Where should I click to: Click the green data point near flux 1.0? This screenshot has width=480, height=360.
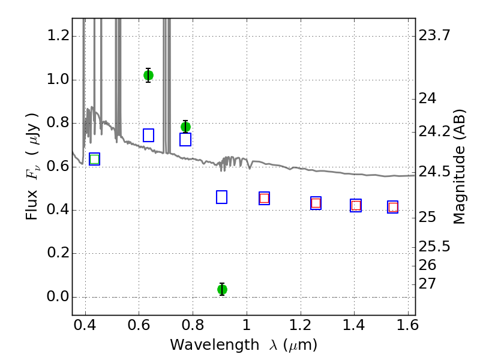pyautogui.click(x=148, y=76)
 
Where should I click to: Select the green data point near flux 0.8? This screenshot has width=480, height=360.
pyautogui.click(x=185, y=127)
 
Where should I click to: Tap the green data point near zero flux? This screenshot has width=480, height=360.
pyautogui.click(x=222, y=289)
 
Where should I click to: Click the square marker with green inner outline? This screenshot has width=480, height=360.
pyautogui.click(x=95, y=159)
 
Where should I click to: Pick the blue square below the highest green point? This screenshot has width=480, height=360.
pyautogui.click(x=148, y=136)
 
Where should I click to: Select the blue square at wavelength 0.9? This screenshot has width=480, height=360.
pyautogui.click(x=221, y=197)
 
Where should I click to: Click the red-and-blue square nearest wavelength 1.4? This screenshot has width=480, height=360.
pyautogui.click(x=356, y=205)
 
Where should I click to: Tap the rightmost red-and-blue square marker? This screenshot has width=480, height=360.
pyautogui.click(x=393, y=207)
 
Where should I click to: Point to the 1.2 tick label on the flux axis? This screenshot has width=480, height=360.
pyautogui.click(x=58, y=36)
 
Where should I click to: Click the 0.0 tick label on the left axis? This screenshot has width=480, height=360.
pyautogui.click(x=58, y=296)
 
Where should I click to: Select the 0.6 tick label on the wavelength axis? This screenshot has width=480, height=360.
pyautogui.click(x=139, y=325)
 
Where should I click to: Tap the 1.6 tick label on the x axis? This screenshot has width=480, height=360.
pyautogui.click(x=408, y=325)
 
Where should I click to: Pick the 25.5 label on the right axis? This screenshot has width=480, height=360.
pyautogui.click(x=434, y=247)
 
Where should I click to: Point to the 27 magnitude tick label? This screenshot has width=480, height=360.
pyautogui.click(x=427, y=284)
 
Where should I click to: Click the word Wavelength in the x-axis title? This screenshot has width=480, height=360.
pyautogui.click(x=215, y=346)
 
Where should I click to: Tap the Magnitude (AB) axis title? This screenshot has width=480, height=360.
pyautogui.click(x=459, y=167)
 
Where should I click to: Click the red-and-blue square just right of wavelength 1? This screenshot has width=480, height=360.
pyautogui.click(x=264, y=199)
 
